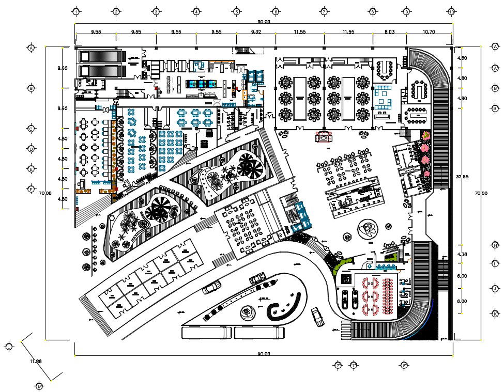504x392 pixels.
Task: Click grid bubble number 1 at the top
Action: (x=76, y=11)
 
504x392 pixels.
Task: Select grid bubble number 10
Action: (x=451, y=11)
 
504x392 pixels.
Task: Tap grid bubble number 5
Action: (x=236, y=11)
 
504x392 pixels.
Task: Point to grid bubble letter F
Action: (x=32, y=189)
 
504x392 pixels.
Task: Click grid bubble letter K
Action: (x=496, y=313)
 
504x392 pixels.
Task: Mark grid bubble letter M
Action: (x=39, y=386)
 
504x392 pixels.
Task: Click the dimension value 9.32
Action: (x=256, y=32)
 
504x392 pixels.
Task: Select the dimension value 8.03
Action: (x=389, y=32)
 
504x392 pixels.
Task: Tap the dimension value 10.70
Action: (x=429, y=32)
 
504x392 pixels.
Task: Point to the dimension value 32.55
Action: (x=462, y=177)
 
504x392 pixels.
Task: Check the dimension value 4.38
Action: (x=462, y=254)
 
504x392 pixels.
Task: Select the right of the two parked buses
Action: (x=259, y=333)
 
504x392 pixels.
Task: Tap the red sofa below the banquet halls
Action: (x=324, y=136)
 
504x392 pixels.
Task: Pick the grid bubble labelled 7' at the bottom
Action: (x=338, y=366)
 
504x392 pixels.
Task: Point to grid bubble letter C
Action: (x=32, y=129)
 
